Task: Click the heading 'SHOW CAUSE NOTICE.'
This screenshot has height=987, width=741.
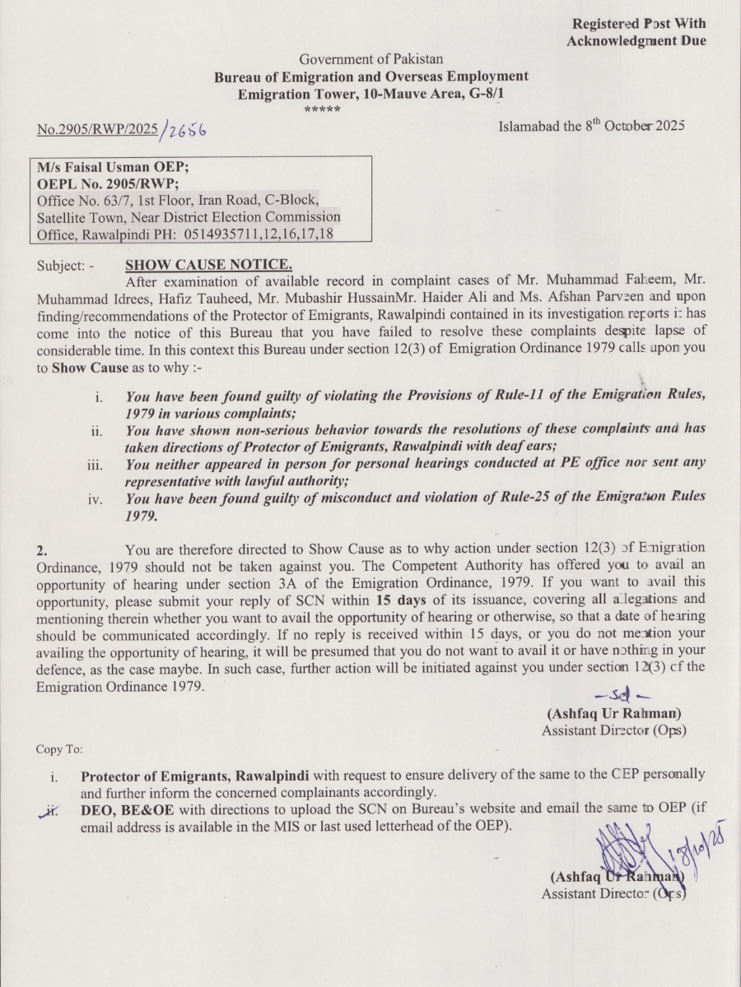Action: (x=208, y=265)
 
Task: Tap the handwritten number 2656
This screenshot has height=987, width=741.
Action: (x=185, y=130)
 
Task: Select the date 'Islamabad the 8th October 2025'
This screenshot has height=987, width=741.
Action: (x=591, y=127)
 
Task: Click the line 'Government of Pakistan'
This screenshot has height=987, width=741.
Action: (x=370, y=59)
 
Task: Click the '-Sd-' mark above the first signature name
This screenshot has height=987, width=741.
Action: (x=610, y=697)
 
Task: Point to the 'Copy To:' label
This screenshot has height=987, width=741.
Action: (x=58, y=749)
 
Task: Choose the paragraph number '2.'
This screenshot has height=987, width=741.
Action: (x=43, y=549)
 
